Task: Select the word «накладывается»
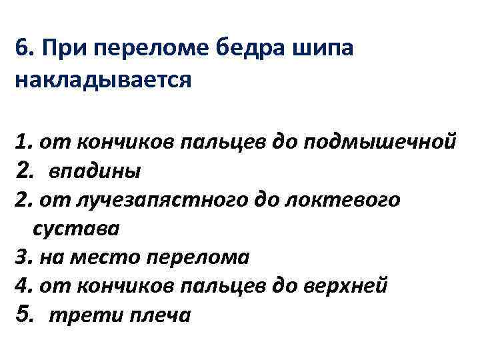coord(102,79)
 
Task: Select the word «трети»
coord(73,315)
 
